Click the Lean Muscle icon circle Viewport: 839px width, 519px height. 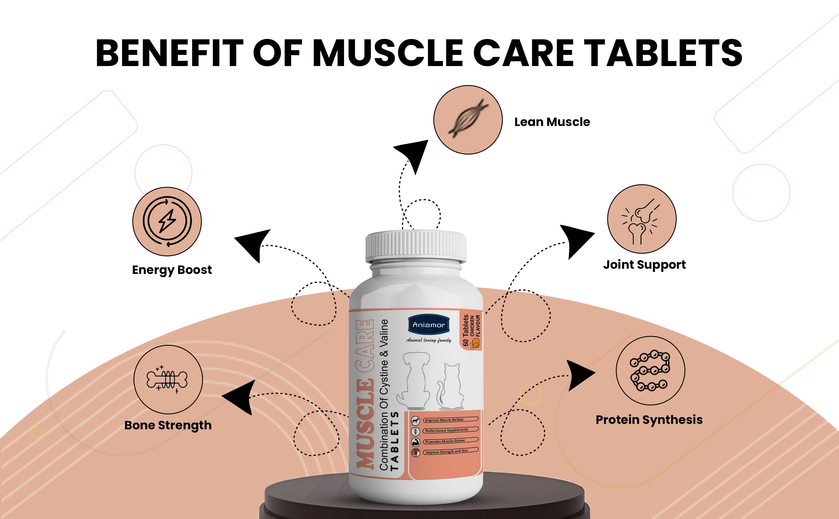468,120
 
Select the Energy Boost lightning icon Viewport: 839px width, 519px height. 167,221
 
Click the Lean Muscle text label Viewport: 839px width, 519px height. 552,122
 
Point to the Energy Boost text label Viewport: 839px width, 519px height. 172,270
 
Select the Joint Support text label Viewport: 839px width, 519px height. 644,265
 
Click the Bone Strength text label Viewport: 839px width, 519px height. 168,425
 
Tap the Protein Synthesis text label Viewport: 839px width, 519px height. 649,420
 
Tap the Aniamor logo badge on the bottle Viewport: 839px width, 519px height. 429,324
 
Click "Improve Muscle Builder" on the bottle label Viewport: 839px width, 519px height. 444,420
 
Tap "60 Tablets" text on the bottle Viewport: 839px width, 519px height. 466,330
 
